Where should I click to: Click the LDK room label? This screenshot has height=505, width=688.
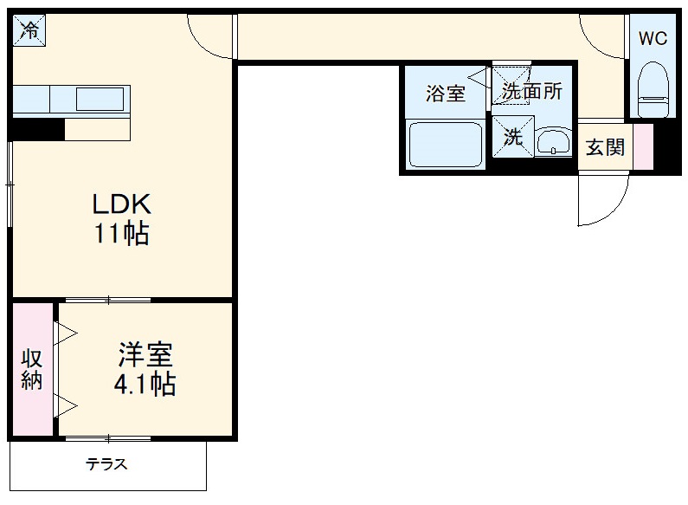tap(122, 204)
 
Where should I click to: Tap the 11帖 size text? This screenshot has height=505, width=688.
tap(122, 234)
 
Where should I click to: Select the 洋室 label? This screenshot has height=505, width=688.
tap(145, 355)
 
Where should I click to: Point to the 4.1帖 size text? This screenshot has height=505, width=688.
tap(145, 384)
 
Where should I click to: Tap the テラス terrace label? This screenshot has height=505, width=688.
tap(106, 464)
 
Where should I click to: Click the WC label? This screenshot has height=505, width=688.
tap(653, 38)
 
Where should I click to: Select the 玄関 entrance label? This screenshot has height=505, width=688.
tap(605, 147)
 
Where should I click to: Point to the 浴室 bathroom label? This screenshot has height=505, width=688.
tap(446, 94)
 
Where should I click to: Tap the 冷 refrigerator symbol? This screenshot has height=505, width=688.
tap(29, 32)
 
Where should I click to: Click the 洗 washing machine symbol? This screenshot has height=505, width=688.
tap(513, 138)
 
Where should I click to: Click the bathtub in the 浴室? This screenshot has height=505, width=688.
tap(446, 145)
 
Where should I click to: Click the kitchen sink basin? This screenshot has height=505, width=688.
tap(100, 99)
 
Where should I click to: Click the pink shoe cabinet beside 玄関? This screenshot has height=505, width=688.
tap(642, 147)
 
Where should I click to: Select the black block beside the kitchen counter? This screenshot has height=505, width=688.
tap(38, 129)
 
